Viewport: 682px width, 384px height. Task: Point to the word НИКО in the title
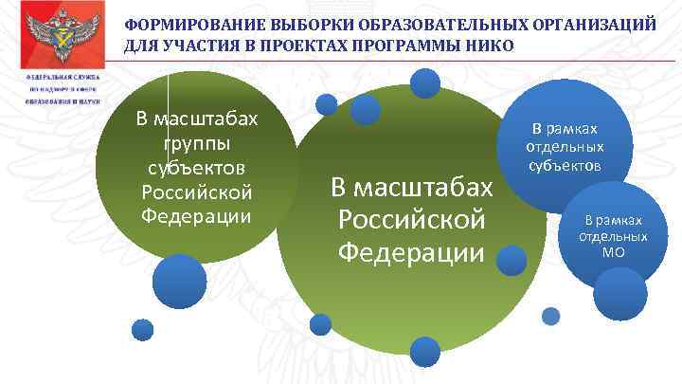(x=494, y=46)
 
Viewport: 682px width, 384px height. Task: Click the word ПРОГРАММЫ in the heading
(x=418, y=46)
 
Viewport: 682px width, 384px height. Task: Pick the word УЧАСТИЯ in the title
(x=210, y=46)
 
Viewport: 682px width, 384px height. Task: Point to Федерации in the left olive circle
(x=196, y=215)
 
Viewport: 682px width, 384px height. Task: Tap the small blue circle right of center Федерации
(x=511, y=260)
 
